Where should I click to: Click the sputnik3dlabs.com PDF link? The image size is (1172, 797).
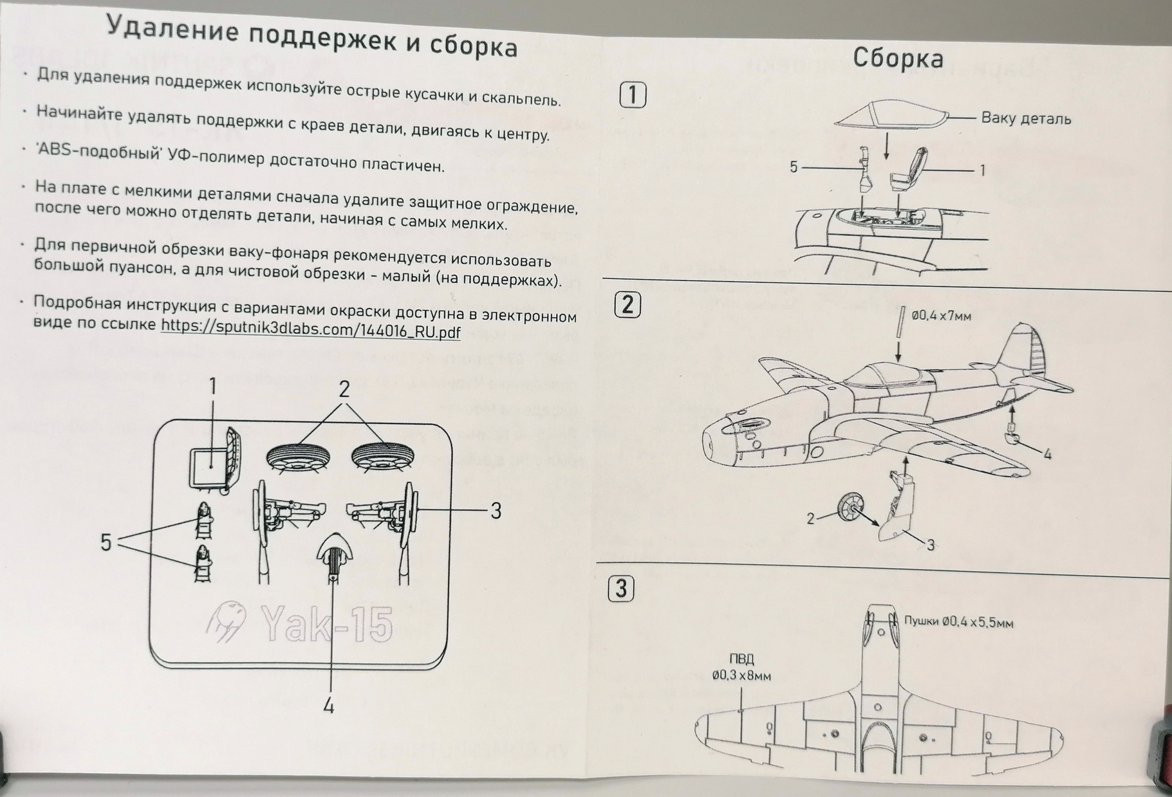310,330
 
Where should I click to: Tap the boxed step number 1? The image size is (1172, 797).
632,95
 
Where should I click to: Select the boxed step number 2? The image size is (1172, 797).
628,304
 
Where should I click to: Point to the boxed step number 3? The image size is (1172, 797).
621,589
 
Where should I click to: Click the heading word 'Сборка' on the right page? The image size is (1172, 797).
898,59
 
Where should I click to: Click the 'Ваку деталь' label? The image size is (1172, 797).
1025,119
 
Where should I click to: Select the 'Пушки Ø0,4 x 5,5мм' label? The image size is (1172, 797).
958,622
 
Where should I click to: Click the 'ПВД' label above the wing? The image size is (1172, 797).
741,659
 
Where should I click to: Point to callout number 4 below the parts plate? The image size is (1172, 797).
329,706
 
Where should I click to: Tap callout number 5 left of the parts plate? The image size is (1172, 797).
106,542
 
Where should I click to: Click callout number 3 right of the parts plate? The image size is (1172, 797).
495,511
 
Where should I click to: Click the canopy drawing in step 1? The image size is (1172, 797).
891,115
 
